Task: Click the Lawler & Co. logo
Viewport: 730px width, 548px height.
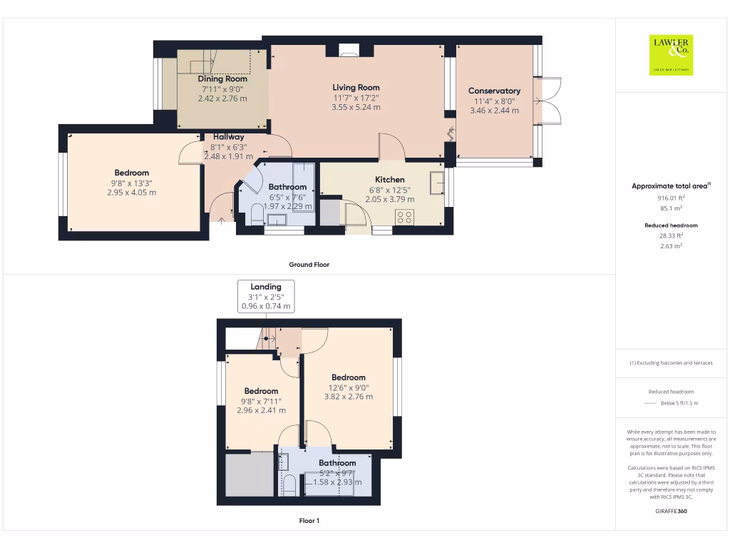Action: pyautogui.click(x=669, y=55)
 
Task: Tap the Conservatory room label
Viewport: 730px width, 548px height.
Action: pyautogui.click(x=494, y=91)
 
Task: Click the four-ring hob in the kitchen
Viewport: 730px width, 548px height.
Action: pyautogui.click(x=404, y=216)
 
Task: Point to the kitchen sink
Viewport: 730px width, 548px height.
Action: pyautogui.click(x=436, y=183)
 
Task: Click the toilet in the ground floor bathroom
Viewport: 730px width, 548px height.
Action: pyautogui.click(x=257, y=217)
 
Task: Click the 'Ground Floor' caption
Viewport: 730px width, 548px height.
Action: pyautogui.click(x=309, y=264)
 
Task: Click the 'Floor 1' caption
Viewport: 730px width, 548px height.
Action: pyautogui.click(x=309, y=521)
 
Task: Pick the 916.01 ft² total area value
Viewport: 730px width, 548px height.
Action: pyautogui.click(x=670, y=198)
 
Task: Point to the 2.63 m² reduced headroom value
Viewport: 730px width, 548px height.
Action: pyautogui.click(x=670, y=245)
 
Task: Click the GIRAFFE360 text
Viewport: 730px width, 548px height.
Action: pyautogui.click(x=670, y=511)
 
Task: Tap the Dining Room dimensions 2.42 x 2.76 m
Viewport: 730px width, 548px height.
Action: pyautogui.click(x=222, y=98)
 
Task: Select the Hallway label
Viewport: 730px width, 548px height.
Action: pyautogui.click(x=228, y=136)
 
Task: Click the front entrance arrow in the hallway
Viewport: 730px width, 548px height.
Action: pyautogui.click(x=222, y=220)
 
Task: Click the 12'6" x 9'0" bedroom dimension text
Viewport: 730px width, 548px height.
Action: pyautogui.click(x=348, y=387)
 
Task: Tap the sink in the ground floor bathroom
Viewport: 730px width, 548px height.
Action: pyautogui.click(x=276, y=219)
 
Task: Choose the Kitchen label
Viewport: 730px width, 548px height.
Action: pyautogui.click(x=390, y=180)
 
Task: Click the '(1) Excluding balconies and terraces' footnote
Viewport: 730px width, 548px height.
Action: pyautogui.click(x=670, y=362)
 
